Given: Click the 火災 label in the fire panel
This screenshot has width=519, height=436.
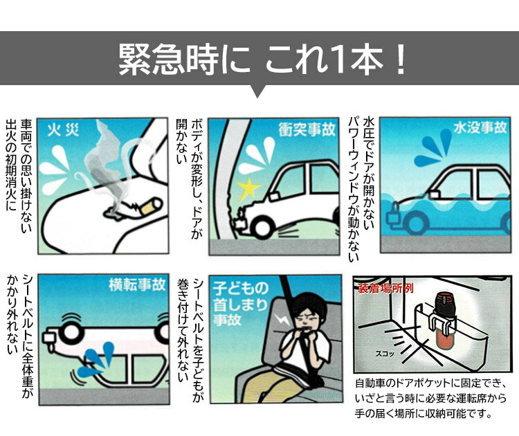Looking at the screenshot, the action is point(63,130).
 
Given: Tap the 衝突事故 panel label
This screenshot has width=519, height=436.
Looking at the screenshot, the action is point(307,129).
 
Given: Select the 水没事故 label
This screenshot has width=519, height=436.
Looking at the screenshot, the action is point(480,127).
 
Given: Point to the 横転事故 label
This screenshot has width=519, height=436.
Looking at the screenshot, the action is point(137,285).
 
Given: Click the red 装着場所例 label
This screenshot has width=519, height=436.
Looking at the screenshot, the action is point(385,288).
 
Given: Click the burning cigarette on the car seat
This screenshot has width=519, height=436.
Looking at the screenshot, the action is point(151,206).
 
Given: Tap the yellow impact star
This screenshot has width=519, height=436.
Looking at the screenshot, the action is point(248,189).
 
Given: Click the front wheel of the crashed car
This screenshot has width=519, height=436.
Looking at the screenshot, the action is point(264,227).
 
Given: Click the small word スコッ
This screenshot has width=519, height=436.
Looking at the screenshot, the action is point(385,354).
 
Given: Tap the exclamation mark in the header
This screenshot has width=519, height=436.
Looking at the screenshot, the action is point(401,60).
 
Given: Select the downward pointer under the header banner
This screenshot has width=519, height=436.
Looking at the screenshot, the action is point(257,91).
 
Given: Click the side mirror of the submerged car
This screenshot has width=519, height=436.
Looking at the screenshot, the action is point(435,194).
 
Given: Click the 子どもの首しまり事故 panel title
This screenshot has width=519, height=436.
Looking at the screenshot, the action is point(240,304).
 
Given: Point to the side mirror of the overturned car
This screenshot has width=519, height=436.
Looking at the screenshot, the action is point(50,337).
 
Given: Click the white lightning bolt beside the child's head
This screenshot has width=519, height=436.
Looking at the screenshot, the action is point(282,320).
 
